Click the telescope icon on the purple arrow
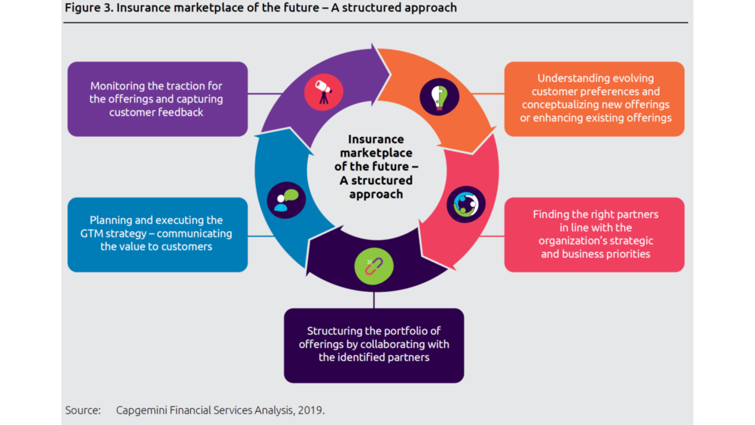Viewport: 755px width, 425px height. point(324,92)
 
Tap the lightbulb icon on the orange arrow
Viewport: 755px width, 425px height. point(439,97)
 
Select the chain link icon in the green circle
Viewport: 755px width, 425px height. point(374,266)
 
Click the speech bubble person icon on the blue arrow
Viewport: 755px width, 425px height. point(286,200)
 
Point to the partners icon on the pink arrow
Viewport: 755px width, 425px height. point(466,204)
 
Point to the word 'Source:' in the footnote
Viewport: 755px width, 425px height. point(83,410)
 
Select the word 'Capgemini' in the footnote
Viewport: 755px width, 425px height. point(142,410)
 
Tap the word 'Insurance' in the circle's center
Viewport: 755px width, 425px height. point(376,139)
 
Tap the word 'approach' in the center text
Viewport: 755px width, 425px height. point(376,195)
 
